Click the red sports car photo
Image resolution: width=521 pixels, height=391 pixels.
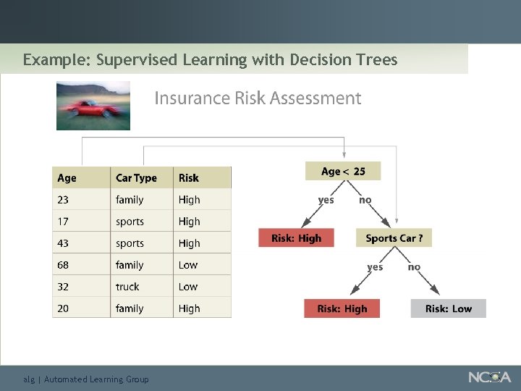pyautogui.click(x=93, y=106)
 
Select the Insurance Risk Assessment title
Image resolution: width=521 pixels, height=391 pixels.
pyautogui.click(x=258, y=98)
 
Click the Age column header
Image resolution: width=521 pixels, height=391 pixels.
pyautogui.click(x=67, y=178)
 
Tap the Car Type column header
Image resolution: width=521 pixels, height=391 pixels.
pyautogui.click(x=136, y=178)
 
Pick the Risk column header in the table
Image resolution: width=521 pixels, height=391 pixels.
pyautogui.click(x=189, y=178)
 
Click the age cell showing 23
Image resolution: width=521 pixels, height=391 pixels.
pyautogui.click(x=63, y=200)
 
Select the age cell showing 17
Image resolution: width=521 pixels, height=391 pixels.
pyautogui.click(x=63, y=222)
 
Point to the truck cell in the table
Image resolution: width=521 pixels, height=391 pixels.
pyautogui.click(x=127, y=287)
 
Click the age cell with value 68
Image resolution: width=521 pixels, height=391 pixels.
pyautogui.click(x=63, y=265)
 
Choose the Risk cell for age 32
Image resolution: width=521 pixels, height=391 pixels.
pyautogui.click(x=188, y=287)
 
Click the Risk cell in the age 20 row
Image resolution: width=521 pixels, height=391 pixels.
pyautogui.click(x=190, y=308)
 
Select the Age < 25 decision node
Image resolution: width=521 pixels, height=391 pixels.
pyautogui.click(x=343, y=172)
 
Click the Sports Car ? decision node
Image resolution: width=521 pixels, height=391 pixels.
pyautogui.click(x=394, y=237)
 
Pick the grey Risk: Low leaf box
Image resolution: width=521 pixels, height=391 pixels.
pyautogui.click(x=448, y=308)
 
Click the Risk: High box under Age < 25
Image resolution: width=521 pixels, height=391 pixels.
pyautogui.click(x=296, y=237)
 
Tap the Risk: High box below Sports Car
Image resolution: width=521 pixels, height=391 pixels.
pyautogui.click(x=342, y=308)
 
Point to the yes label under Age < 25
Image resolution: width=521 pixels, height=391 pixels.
pyautogui.click(x=326, y=200)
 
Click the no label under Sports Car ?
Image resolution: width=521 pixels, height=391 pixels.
pyautogui.click(x=414, y=267)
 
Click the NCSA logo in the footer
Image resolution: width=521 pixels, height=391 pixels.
pyautogui.click(x=489, y=377)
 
